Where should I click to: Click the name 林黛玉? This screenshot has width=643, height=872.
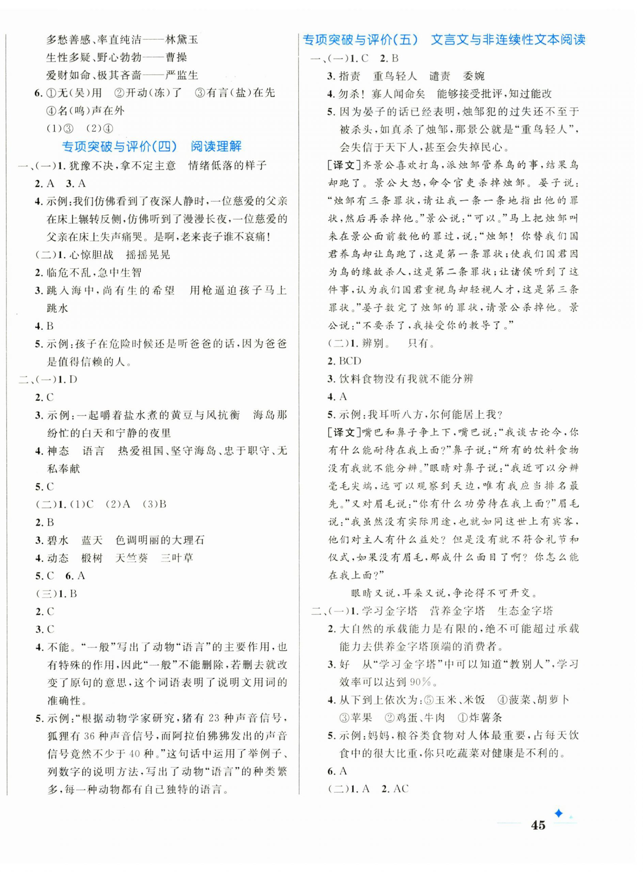click(x=182, y=39)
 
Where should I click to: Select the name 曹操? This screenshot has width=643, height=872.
click(x=176, y=57)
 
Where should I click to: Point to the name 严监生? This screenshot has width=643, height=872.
click(x=182, y=75)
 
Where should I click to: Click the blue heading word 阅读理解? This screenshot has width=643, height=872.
click(x=216, y=147)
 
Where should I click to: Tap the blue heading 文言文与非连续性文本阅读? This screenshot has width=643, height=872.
click(x=508, y=40)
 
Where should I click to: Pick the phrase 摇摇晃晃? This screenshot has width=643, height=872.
click(x=148, y=255)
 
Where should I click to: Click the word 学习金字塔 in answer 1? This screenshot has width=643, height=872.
click(x=389, y=611)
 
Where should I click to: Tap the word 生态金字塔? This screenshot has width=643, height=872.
click(x=525, y=611)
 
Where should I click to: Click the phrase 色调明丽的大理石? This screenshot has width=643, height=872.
click(x=160, y=540)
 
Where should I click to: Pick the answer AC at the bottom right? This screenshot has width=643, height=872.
click(x=401, y=789)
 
